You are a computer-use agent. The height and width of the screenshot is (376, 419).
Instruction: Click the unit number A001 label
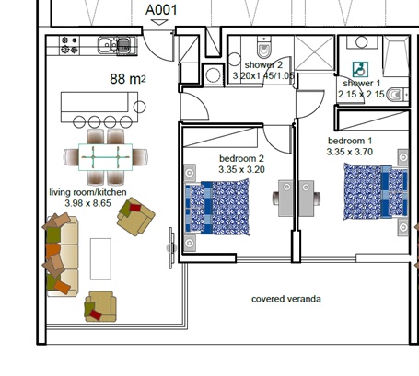click(163, 11)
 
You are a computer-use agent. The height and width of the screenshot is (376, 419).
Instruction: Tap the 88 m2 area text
click(128, 79)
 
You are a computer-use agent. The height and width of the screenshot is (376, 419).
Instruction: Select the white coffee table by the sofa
click(100, 259)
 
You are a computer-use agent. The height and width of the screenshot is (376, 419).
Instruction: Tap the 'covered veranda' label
click(287, 299)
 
